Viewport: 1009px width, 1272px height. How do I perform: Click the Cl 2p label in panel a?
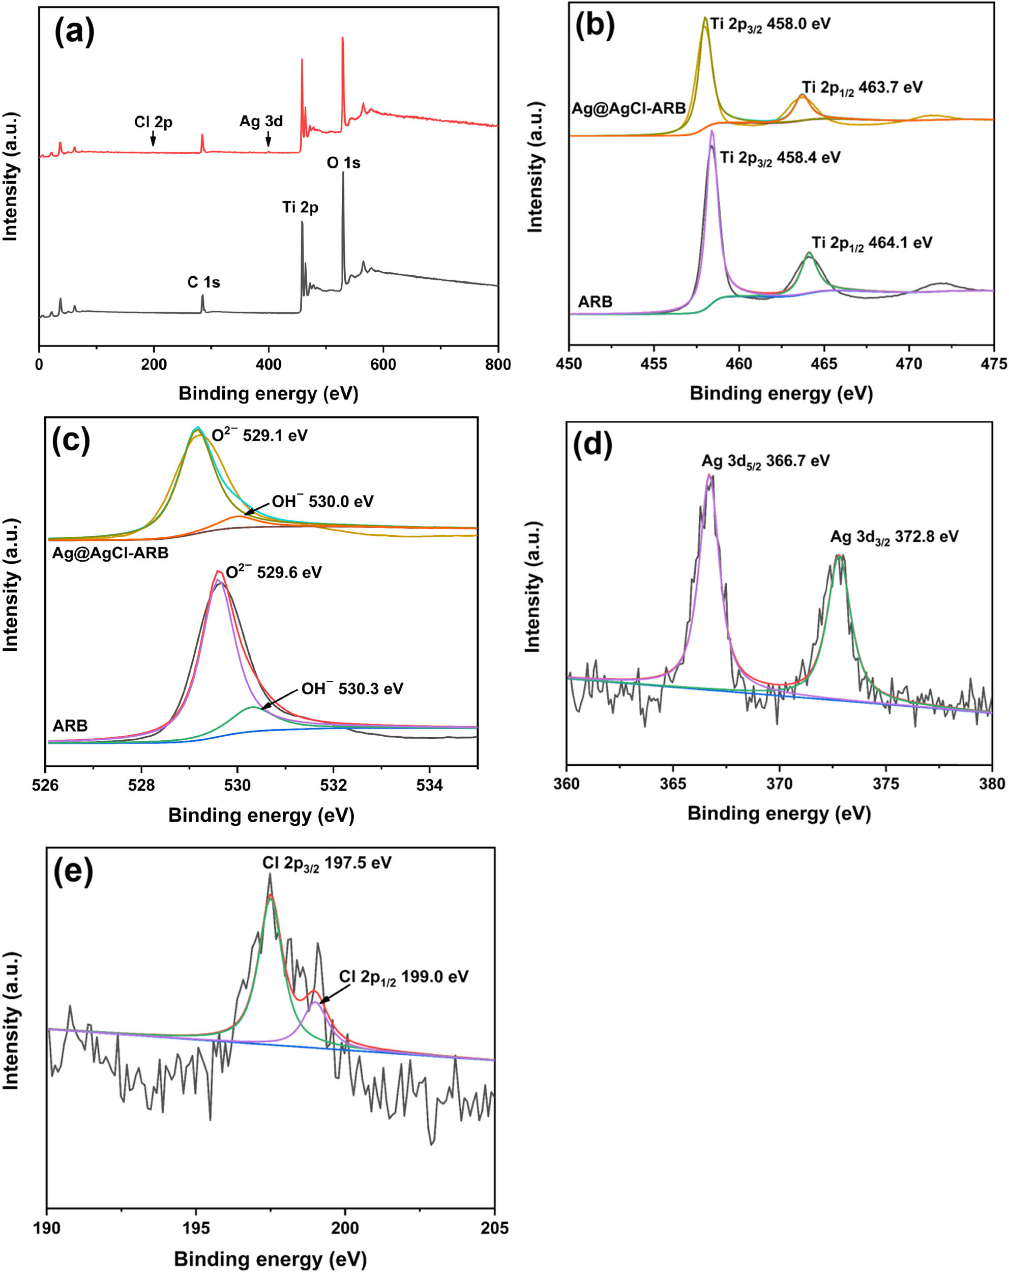click(x=153, y=122)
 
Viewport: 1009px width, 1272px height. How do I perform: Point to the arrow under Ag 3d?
click(x=269, y=139)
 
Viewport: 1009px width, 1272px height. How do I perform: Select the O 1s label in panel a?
click(x=343, y=162)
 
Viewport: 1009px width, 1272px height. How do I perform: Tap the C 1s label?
click(x=203, y=282)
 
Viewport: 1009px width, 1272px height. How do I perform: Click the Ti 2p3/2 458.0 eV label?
click(x=770, y=24)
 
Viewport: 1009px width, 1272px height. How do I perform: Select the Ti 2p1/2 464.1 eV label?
click(x=872, y=243)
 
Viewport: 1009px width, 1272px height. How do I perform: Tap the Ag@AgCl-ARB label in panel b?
click(x=629, y=108)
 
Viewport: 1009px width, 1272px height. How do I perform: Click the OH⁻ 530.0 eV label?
click(x=322, y=502)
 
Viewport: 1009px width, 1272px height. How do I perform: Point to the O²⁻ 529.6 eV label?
click(x=274, y=572)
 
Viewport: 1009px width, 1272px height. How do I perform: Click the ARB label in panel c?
click(x=70, y=726)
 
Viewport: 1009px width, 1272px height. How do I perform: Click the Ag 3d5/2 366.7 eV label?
click(x=765, y=461)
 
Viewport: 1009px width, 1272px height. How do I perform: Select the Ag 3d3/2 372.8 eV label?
click(x=894, y=537)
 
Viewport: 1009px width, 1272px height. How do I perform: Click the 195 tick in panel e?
click(x=196, y=1228)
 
